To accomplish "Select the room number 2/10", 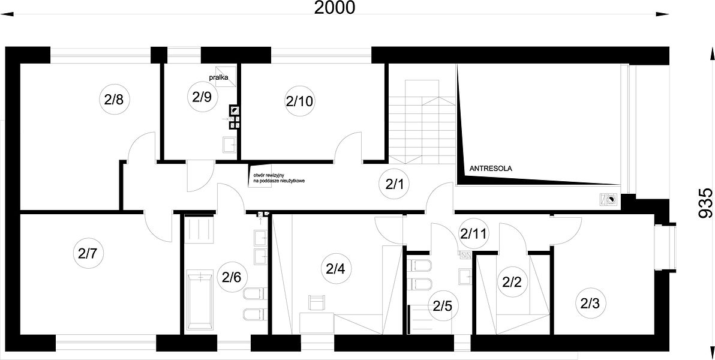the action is pos(299,101).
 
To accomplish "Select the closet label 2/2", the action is pos(511,282).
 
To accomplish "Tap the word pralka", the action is pos(218,77).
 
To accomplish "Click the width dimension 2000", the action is pos(334,8).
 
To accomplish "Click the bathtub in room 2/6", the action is pos(200,299).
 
